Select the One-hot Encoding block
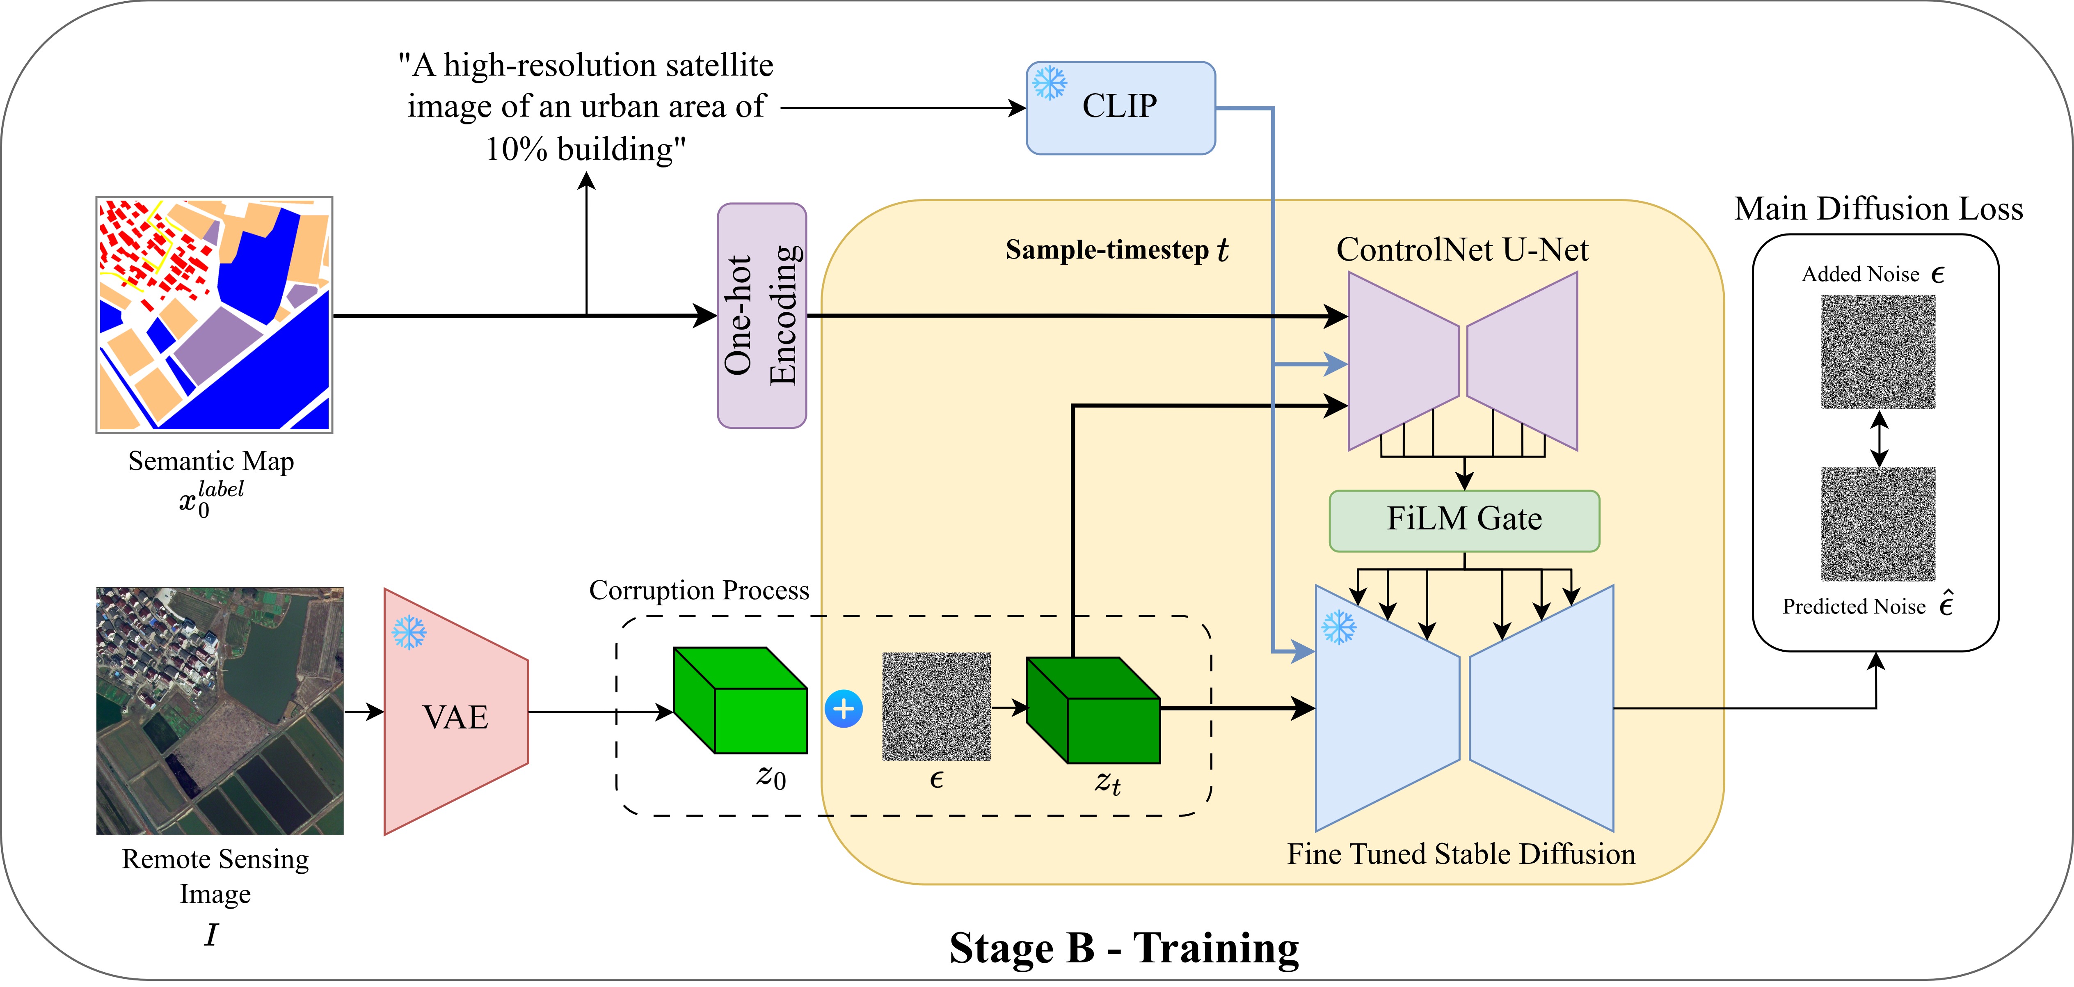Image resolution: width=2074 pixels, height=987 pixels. tap(761, 316)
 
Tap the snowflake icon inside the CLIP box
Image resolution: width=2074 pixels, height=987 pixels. tap(1050, 83)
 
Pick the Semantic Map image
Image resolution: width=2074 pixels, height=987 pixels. tap(214, 315)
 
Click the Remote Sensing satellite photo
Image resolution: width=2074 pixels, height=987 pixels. tap(220, 711)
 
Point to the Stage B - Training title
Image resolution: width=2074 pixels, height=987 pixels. tap(1124, 948)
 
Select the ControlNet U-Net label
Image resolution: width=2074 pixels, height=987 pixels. tap(1462, 250)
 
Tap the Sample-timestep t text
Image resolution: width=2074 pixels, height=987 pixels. tap(1117, 250)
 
